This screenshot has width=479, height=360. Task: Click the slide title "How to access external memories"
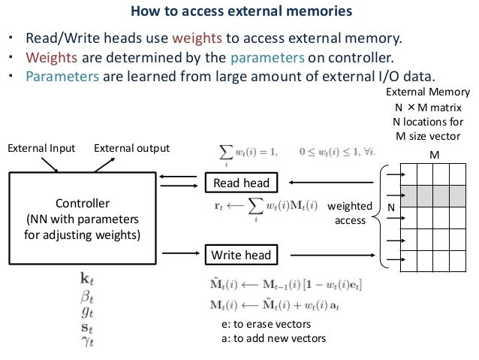pos(239,12)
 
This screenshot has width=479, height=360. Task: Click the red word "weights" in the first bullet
pos(198,39)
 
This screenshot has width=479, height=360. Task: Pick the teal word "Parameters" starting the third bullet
pos(59,78)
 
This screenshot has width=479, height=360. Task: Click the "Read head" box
pos(242,183)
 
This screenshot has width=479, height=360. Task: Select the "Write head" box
pos(242,256)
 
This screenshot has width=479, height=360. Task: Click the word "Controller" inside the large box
pos(83,204)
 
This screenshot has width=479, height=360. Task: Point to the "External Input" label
pos(41,148)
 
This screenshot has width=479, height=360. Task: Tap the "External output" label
pos(132,148)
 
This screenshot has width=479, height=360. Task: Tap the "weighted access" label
pos(350,213)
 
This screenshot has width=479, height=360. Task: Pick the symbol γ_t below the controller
pos(86,340)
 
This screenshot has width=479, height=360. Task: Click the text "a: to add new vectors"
pos(269,338)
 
